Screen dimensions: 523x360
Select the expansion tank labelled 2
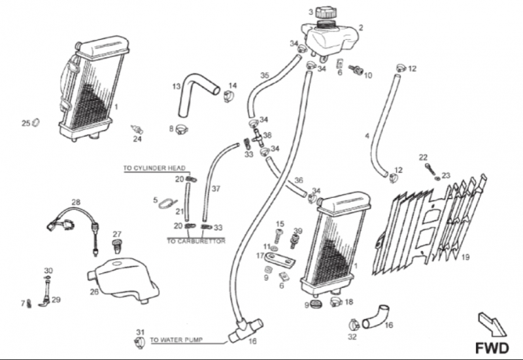tap(329, 39)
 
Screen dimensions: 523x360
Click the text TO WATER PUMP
tap(176, 340)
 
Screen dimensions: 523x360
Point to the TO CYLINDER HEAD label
tap(154, 168)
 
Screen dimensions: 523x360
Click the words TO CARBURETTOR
tap(196, 241)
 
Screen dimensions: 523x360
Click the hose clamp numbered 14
tap(228, 96)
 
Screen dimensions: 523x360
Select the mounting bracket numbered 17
tap(280, 258)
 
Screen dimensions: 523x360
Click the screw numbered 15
tap(279, 237)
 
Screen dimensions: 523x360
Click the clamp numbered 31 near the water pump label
tap(140, 342)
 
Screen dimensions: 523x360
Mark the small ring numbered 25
tap(36, 123)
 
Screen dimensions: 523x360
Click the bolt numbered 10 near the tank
tap(356, 70)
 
